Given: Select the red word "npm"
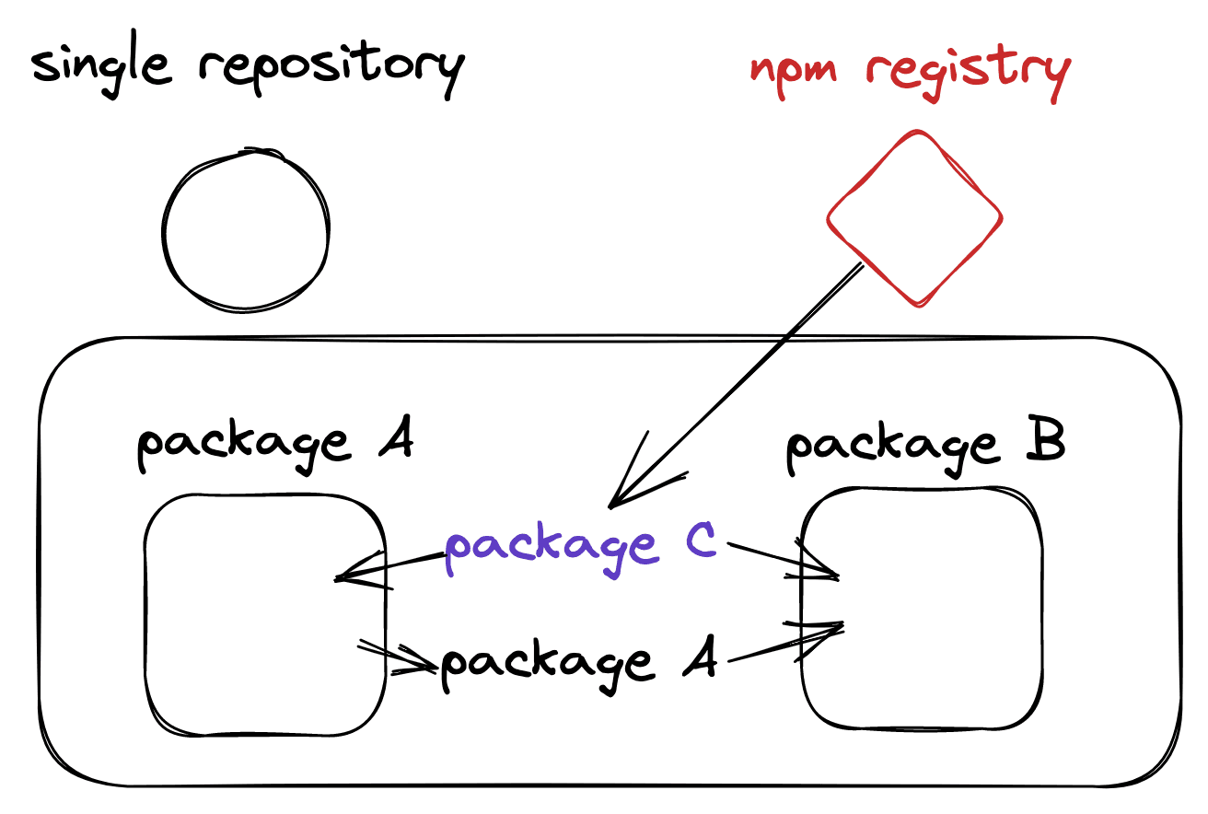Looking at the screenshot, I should (794, 70).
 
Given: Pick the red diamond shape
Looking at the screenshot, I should (914, 218).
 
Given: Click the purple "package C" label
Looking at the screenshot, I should (580, 547).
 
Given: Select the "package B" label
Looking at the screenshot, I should (924, 446).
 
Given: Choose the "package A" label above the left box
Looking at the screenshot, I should (274, 446).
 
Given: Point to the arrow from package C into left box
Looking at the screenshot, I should (387, 567).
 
